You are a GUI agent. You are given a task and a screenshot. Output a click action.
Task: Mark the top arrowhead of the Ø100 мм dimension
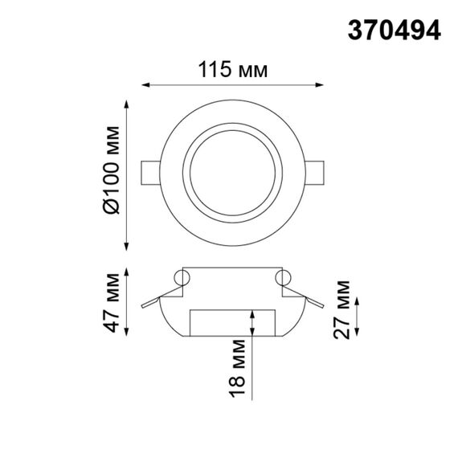tap(126, 103)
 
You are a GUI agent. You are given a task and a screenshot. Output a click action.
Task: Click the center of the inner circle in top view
tap(233, 174)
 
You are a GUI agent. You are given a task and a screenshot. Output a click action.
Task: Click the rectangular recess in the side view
tap(233, 322)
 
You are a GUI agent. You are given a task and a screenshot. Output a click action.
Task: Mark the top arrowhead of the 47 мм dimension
tap(126, 269)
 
